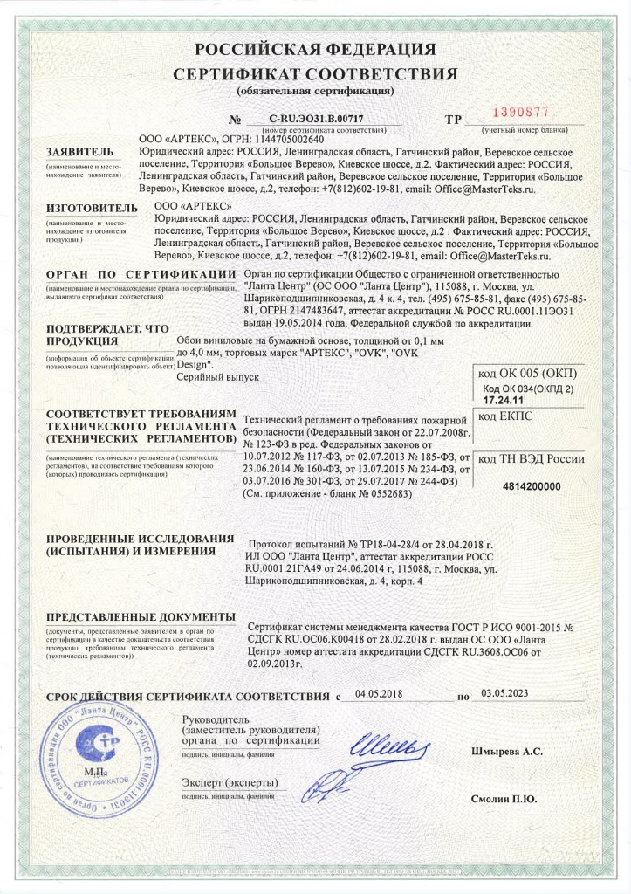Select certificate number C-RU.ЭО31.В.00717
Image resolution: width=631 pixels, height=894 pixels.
click(x=317, y=118)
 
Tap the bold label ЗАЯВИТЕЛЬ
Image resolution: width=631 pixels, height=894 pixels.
click(x=80, y=152)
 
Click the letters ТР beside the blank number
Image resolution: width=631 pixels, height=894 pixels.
click(x=454, y=118)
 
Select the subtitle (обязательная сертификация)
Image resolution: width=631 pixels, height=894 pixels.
click(x=315, y=90)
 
